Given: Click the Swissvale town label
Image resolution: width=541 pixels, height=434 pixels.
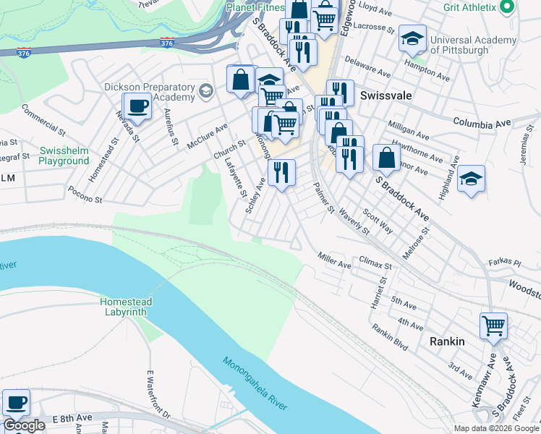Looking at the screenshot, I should pos(391,95).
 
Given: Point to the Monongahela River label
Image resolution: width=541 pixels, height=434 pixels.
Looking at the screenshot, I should pos(256,384).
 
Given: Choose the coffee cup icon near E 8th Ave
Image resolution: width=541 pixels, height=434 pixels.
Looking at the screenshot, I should pos(16,403).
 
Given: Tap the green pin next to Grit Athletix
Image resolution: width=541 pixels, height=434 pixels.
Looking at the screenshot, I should pos(507,7).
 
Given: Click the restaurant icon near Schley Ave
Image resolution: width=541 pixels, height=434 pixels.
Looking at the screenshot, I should pos(281,173).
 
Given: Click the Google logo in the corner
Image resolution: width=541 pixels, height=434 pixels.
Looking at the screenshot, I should pos(24,426).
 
